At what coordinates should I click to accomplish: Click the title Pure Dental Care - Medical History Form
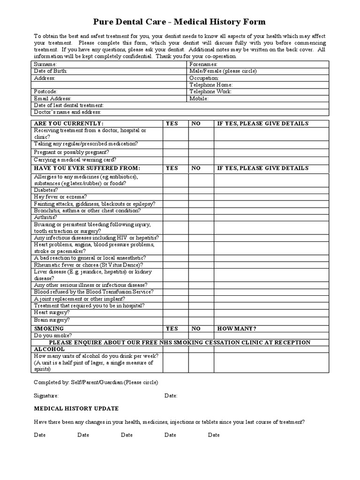click(x=180, y=22)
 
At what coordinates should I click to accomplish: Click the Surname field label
click(x=45, y=64)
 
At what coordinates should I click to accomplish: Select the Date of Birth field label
click(x=51, y=71)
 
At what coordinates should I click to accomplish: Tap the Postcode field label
click(x=45, y=91)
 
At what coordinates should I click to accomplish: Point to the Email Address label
click(x=52, y=98)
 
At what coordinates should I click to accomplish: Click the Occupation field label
click(x=204, y=78)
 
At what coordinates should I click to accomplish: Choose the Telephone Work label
click(x=210, y=91)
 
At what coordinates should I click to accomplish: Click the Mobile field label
click(x=199, y=98)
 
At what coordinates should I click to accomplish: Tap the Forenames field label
click(x=203, y=64)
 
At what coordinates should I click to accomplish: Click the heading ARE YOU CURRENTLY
click(x=68, y=123)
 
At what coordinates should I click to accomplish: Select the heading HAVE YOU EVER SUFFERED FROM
click(x=87, y=168)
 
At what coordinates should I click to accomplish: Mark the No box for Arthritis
click(x=202, y=217)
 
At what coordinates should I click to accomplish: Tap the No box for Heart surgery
click(x=202, y=312)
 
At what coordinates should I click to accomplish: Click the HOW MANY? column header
click(x=236, y=329)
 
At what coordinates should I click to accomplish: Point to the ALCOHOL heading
click(x=49, y=349)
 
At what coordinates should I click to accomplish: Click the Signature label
click(x=46, y=396)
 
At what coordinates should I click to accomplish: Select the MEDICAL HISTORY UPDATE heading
click(x=76, y=408)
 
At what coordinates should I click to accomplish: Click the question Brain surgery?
click(x=52, y=320)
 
